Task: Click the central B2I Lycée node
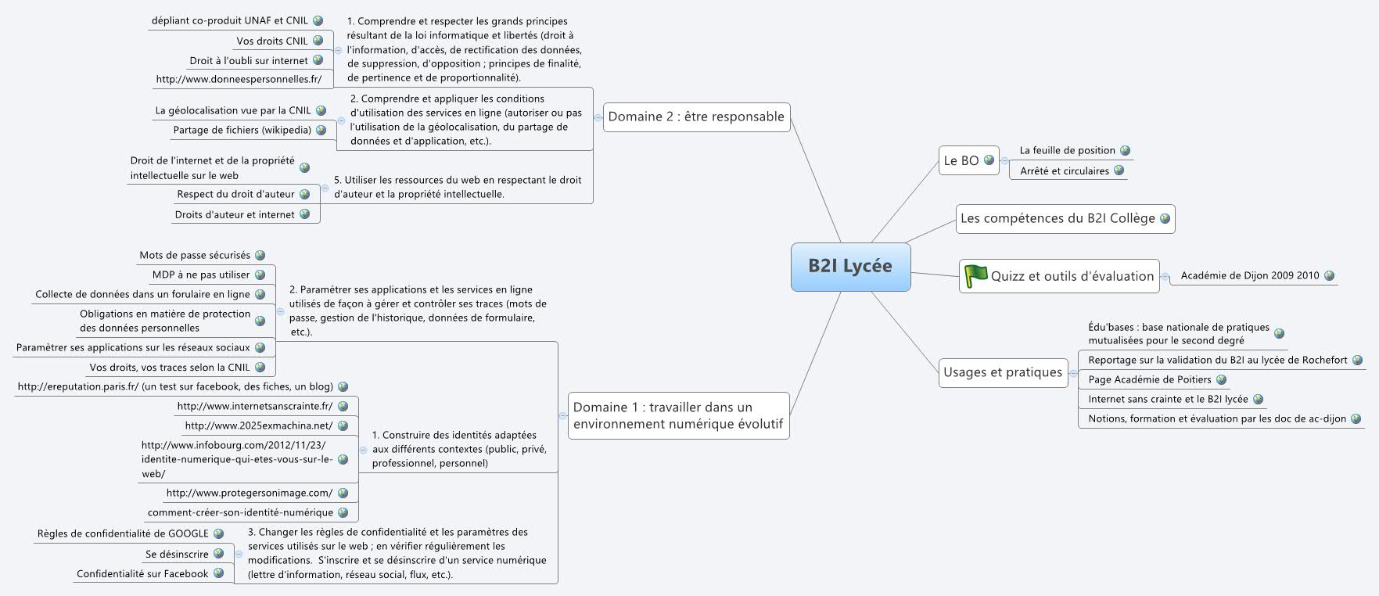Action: tap(850, 266)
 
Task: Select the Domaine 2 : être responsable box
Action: tap(696, 117)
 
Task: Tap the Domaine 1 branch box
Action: tap(678, 415)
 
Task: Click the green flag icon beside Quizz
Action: tap(975, 275)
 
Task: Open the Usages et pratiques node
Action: tap(1003, 372)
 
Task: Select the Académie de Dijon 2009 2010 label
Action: tap(1249, 275)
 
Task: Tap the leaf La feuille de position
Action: tap(1067, 150)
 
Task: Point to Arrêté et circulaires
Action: tap(1064, 171)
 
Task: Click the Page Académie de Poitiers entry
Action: tap(1149, 379)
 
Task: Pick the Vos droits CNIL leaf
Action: tap(272, 41)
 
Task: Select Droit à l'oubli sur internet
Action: tap(249, 60)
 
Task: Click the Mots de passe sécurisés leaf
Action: tap(195, 255)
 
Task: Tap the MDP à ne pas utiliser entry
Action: tap(201, 275)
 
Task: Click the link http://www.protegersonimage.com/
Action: tap(249, 493)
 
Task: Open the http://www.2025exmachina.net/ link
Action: tap(258, 425)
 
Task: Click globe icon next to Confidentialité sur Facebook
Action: tap(218, 573)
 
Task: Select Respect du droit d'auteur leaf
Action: tap(235, 194)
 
